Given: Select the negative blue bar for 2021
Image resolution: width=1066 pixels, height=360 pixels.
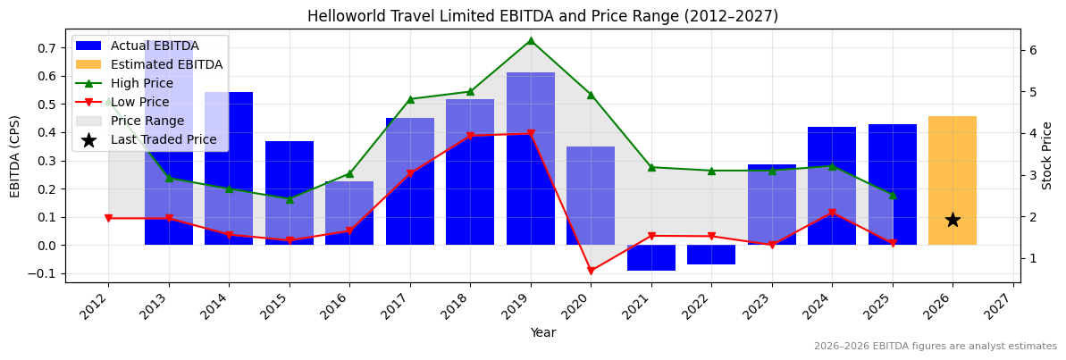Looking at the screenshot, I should (x=651, y=257).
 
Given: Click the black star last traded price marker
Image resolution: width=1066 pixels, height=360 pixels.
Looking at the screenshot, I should (x=953, y=220).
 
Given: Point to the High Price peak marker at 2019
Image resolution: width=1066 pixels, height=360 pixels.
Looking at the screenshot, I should (x=531, y=40).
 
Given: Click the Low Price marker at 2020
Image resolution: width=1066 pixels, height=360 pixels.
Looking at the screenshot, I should (x=591, y=271).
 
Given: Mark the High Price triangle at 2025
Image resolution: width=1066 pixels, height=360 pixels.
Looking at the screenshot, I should (x=892, y=195).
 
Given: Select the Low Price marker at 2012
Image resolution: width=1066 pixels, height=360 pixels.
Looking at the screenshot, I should (x=108, y=218).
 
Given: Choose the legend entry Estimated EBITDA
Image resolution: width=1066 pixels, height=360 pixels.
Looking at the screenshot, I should (x=166, y=64).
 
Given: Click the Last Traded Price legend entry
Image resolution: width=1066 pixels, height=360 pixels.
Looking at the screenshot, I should (x=163, y=139).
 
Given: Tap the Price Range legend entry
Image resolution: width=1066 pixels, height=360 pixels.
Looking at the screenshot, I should (x=147, y=121).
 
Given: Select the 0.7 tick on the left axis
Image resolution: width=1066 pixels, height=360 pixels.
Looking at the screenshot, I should (x=46, y=48).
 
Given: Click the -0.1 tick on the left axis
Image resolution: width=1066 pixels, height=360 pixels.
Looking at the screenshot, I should (x=44, y=274).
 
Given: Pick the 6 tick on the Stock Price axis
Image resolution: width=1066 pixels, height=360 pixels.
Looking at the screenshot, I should (x=1032, y=50).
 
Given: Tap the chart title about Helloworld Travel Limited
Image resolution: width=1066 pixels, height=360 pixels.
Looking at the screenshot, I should (x=542, y=16).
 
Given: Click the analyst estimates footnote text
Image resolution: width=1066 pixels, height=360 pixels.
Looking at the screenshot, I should (x=935, y=347).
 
